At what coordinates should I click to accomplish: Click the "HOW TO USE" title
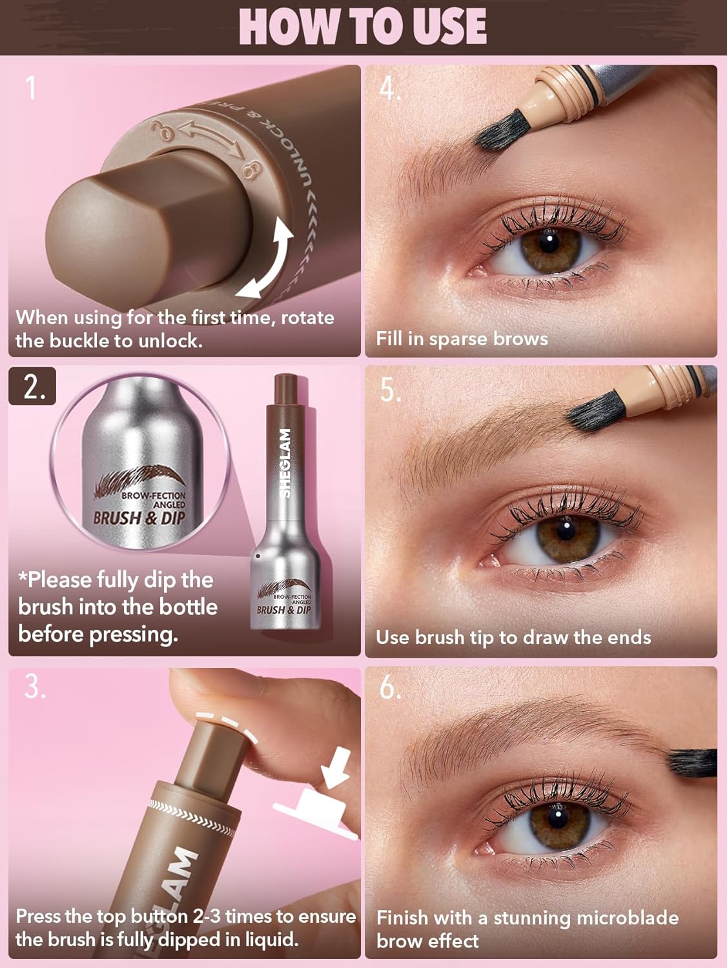[x=363, y=26]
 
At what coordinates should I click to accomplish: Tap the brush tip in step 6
[x=691, y=761]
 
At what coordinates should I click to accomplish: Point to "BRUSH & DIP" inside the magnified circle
[x=139, y=518]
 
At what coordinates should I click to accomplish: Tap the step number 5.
[x=390, y=389]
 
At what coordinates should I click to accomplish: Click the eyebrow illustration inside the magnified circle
[x=138, y=480]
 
